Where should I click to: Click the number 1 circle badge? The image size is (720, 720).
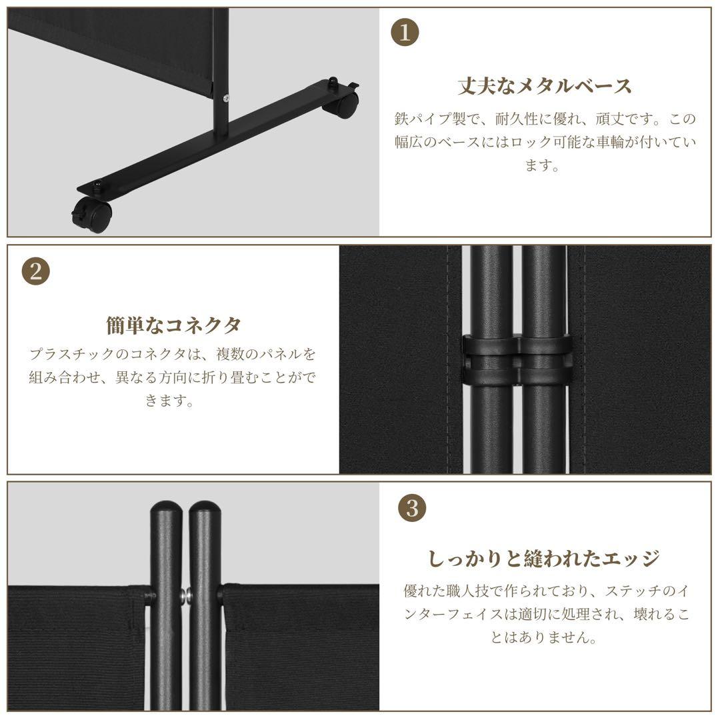click(405, 32)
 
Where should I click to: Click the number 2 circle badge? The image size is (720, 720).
click(35, 271)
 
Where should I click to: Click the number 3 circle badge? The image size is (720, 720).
click(412, 508)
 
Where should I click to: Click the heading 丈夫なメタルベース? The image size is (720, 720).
click(545, 86)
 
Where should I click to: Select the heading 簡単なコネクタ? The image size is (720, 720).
click(173, 325)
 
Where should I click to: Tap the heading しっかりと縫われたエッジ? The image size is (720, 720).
click(544, 559)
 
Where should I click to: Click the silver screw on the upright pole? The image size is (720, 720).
click(225, 98)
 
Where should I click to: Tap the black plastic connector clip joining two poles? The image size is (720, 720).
click(517, 359)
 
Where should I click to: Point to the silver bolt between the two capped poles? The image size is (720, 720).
click(185, 595)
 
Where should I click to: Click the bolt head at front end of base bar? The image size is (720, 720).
click(97, 185)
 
